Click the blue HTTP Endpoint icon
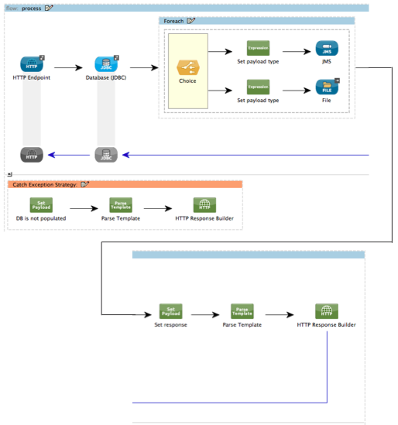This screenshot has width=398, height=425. pyautogui.click(x=32, y=63)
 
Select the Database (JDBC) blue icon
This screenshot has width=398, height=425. pyautogui.click(x=105, y=63)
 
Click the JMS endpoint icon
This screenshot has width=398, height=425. pyautogui.click(x=326, y=48)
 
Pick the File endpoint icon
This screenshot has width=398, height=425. pyautogui.click(x=326, y=86)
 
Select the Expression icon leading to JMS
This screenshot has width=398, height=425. pyautogui.click(x=257, y=48)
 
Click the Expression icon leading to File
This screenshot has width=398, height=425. pyautogui.click(x=257, y=86)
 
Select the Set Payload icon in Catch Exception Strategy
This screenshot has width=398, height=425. pyautogui.click(x=41, y=205)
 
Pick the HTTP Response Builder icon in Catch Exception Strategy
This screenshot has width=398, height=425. pyautogui.click(x=204, y=205)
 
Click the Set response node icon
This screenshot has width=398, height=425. pyautogui.click(x=170, y=310)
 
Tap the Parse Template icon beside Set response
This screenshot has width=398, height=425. pyautogui.click(x=242, y=310)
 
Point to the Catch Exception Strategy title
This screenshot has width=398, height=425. pyautogui.click(x=46, y=184)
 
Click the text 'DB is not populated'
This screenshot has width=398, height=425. pyautogui.click(x=41, y=218)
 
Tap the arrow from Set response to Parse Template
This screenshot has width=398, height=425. pyautogui.click(x=206, y=314)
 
